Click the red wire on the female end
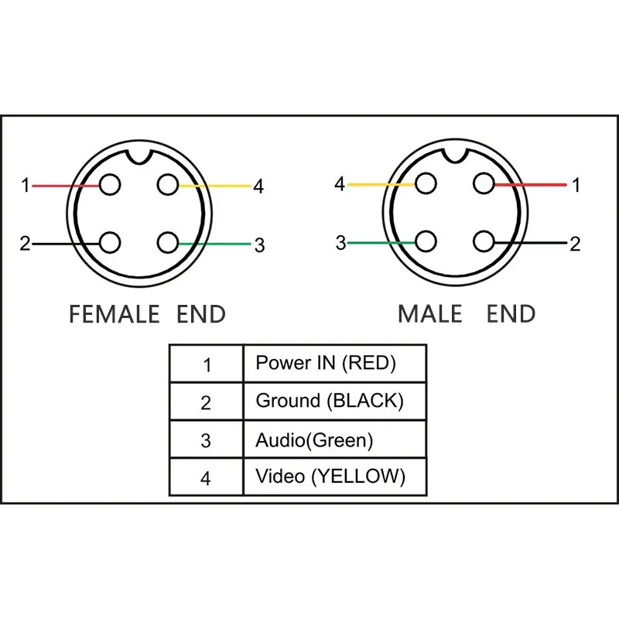point(62,186)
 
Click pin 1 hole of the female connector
point(111,186)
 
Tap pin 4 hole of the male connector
point(425,184)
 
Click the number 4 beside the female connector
point(258,186)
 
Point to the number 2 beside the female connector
point(25,244)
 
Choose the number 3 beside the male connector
point(340,243)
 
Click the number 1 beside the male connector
point(575,185)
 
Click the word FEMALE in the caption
point(114,314)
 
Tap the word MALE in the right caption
point(429,314)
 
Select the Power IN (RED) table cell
point(334,363)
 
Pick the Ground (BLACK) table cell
point(334,401)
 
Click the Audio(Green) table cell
point(334,440)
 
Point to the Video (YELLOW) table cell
point(334,477)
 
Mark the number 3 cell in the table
point(206,440)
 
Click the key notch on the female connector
point(139,156)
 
